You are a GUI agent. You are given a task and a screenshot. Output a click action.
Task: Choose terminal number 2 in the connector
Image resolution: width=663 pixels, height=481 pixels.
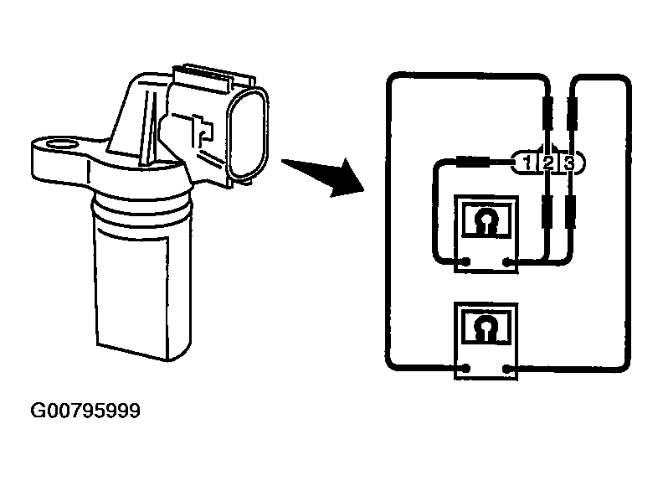(547, 163)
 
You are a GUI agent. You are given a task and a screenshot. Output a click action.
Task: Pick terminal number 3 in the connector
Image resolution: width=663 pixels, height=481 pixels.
(568, 163)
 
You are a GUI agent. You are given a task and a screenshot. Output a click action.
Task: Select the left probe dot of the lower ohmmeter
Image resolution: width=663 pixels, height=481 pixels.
(465, 369)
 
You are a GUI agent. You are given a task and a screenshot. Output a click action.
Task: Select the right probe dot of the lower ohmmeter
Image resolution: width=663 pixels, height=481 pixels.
(508, 369)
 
